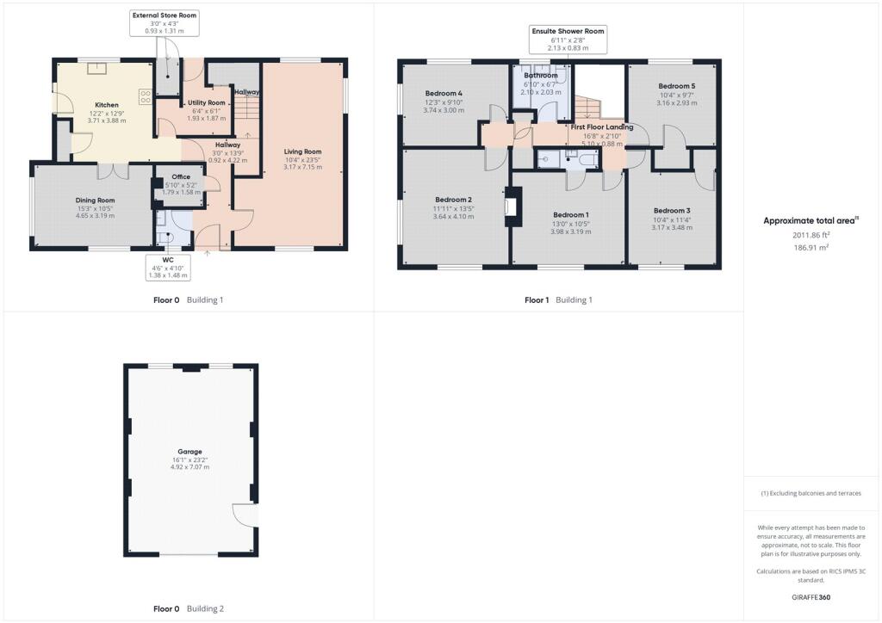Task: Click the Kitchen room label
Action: click(x=107, y=105)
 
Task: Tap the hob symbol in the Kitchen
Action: click(x=146, y=96)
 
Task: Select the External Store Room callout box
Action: click(x=165, y=23)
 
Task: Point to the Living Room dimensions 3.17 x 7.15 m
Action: click(x=302, y=167)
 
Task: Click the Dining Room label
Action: click(x=95, y=200)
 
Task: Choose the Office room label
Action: click(x=181, y=177)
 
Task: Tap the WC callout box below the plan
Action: click(x=168, y=268)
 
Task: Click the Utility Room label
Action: click(x=207, y=102)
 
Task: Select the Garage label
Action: click(x=190, y=452)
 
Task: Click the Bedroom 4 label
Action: click(x=444, y=93)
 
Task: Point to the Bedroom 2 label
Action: click(x=453, y=200)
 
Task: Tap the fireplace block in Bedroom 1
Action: click(x=513, y=207)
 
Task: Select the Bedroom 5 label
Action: click(x=677, y=86)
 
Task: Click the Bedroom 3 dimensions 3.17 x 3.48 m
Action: click(x=672, y=227)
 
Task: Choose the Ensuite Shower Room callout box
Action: click(x=568, y=40)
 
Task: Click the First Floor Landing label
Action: click(x=602, y=127)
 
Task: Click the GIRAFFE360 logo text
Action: click(x=811, y=597)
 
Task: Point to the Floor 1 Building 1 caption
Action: click(x=558, y=300)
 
